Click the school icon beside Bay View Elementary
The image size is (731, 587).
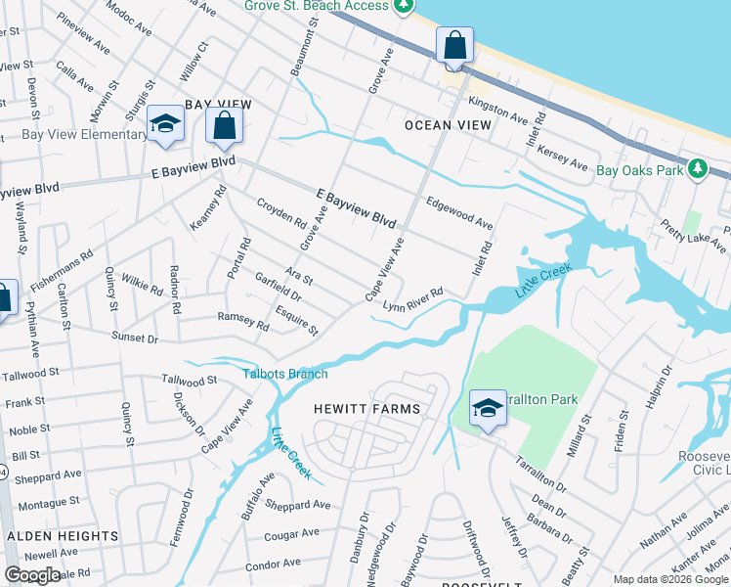(x=166, y=123)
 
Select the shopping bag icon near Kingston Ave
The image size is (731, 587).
(x=454, y=45)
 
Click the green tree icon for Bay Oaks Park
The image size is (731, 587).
(x=697, y=169)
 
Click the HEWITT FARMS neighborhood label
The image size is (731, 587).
(x=366, y=409)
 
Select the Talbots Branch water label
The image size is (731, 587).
(x=285, y=374)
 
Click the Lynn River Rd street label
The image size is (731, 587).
(x=413, y=298)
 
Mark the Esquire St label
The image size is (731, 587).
(x=297, y=322)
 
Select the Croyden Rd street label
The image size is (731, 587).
(x=280, y=213)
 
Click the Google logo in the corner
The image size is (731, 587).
(x=32, y=575)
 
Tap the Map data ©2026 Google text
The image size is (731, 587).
(x=670, y=579)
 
